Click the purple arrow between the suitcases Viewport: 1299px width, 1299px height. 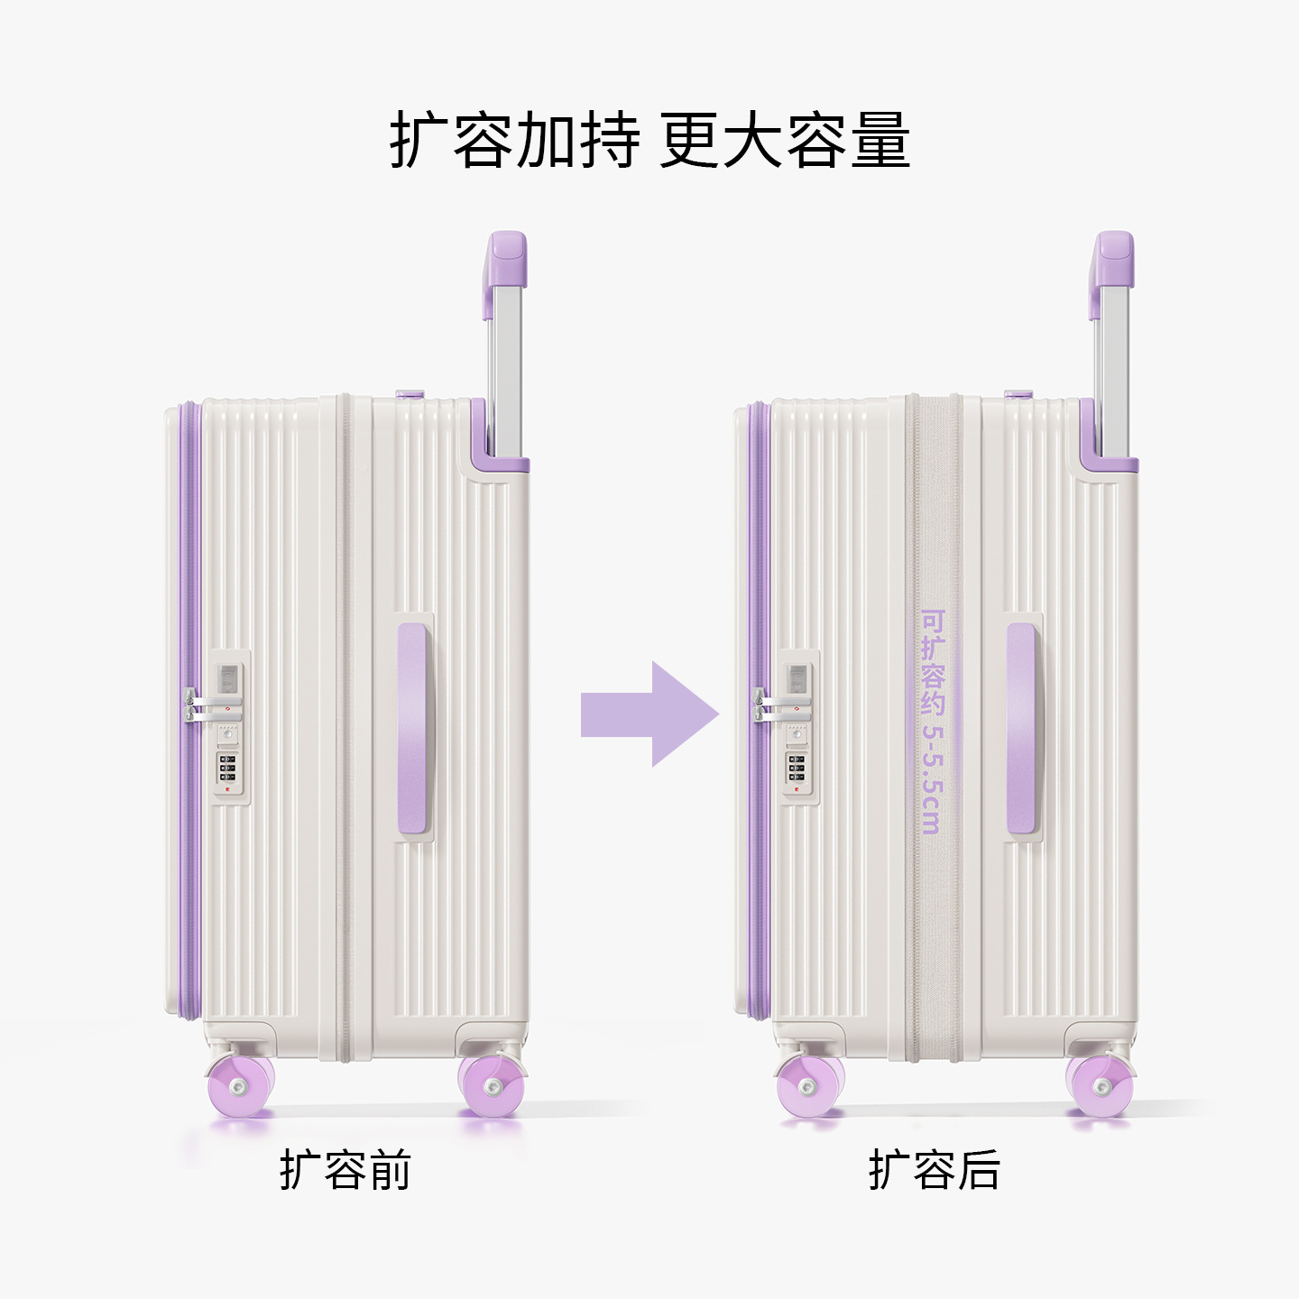(x=649, y=714)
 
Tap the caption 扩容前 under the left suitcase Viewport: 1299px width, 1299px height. (x=345, y=1170)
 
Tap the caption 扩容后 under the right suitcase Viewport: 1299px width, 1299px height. (x=935, y=1170)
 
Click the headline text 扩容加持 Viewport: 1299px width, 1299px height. (x=514, y=140)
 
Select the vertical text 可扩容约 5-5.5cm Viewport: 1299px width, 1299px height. (x=933, y=722)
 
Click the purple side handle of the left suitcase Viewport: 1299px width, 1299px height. (x=412, y=728)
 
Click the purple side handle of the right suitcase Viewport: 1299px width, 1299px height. (x=1021, y=728)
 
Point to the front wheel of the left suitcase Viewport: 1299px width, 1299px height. (x=239, y=1085)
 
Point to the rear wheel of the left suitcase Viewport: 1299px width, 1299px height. (x=493, y=1085)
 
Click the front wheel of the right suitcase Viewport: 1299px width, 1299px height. (x=809, y=1085)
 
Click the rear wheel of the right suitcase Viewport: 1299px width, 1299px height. (x=1101, y=1085)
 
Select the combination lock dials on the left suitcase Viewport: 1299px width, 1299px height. (x=227, y=768)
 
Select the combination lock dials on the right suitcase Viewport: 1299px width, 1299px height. (x=797, y=768)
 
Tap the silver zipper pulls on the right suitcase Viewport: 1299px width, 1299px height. (x=780, y=705)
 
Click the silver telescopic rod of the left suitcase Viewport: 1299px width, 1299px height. (x=505, y=371)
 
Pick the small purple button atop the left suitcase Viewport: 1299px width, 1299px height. (x=410, y=393)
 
